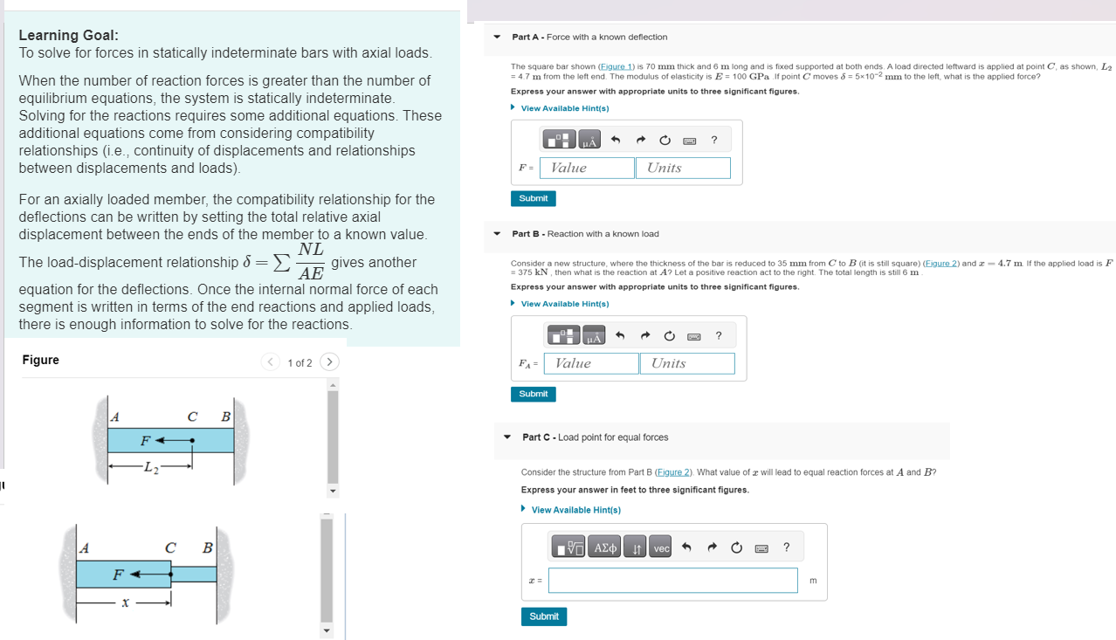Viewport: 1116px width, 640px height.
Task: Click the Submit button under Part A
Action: [x=533, y=198]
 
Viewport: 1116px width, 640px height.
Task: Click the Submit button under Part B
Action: [x=533, y=394]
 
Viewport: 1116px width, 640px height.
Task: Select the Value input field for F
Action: [x=587, y=168]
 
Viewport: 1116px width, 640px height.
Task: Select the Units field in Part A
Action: [x=683, y=168]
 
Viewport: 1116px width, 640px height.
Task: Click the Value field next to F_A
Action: [x=591, y=363]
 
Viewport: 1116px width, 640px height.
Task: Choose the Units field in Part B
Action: [x=687, y=363]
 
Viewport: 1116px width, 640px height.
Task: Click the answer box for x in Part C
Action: [x=672, y=580]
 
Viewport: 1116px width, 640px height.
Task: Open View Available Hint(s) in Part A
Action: [x=564, y=108]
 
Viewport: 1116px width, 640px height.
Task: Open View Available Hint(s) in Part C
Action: [x=575, y=510]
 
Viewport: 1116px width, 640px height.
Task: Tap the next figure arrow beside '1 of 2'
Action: [x=329, y=361]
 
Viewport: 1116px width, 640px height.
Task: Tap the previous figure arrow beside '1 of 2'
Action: [x=271, y=361]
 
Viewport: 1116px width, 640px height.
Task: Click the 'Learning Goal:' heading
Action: [x=69, y=35]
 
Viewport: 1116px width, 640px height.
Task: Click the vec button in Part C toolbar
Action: [x=661, y=548]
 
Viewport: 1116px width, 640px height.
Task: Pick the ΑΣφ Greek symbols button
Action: [x=605, y=548]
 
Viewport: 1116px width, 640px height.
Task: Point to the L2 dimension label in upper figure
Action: [x=150, y=465]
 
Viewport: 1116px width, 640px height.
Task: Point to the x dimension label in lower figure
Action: [x=126, y=602]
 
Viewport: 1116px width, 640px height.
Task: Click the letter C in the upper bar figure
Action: [x=192, y=416]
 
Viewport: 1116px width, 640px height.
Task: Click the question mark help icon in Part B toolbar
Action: [x=718, y=335]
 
